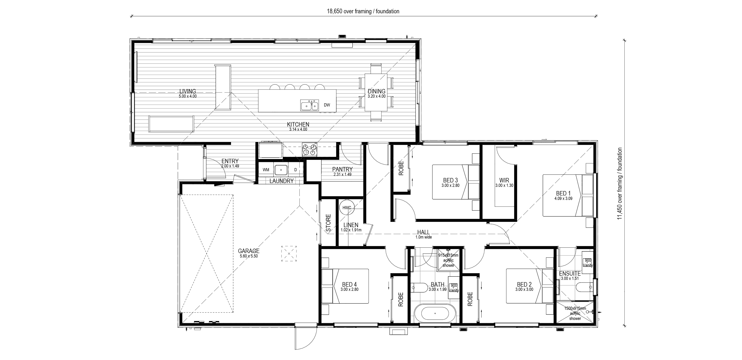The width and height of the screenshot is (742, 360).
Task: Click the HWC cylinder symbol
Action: pyautogui.click(x=347, y=207)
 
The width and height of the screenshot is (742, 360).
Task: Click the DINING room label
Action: pyautogui.click(x=377, y=91)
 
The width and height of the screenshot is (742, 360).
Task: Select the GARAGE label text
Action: pyautogui.click(x=249, y=251)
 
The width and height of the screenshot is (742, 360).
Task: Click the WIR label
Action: pyautogui.click(x=504, y=180)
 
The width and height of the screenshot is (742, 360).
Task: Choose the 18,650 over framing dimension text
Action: pyautogui.click(x=363, y=11)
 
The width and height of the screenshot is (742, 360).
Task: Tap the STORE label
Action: pyautogui.click(x=328, y=223)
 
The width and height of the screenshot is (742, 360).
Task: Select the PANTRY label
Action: pyautogui.click(x=342, y=170)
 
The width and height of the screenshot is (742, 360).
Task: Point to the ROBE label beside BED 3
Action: pyautogui.click(x=401, y=168)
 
